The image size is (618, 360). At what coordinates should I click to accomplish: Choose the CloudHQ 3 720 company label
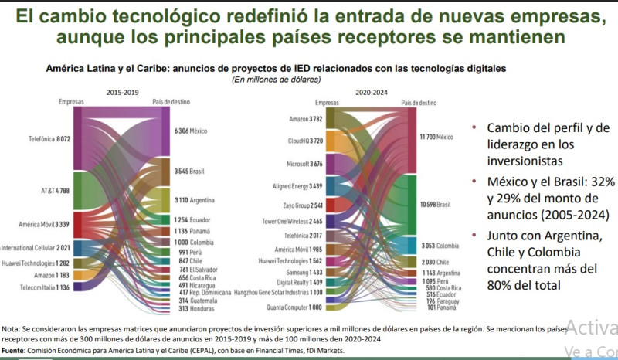305,141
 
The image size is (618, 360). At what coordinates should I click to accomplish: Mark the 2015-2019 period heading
122,92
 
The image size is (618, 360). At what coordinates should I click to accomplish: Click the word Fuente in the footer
16,351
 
